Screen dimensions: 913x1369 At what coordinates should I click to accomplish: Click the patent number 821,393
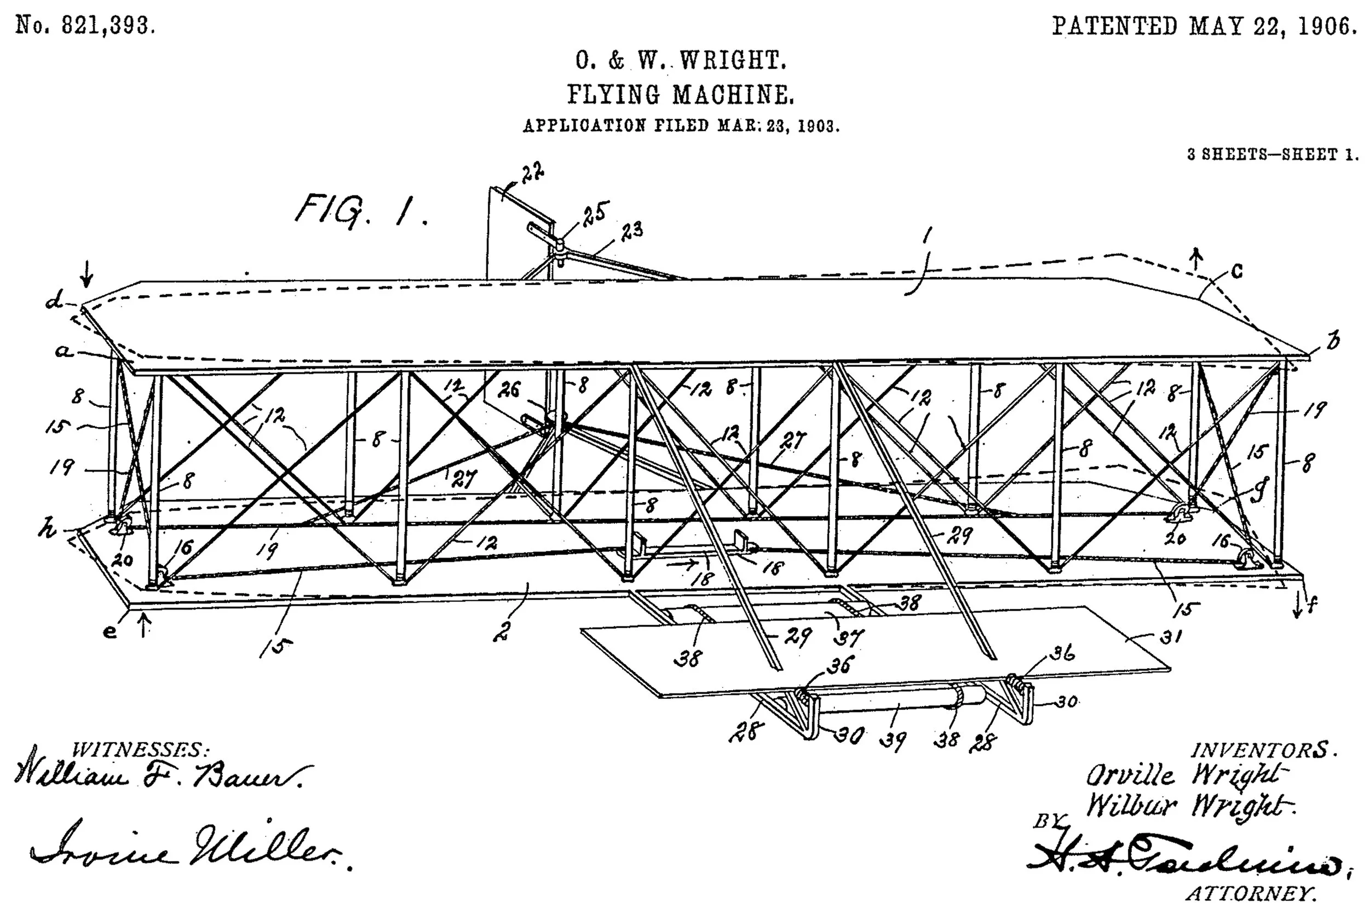click(x=108, y=26)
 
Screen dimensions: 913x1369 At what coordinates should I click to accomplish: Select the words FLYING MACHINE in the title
click(x=681, y=95)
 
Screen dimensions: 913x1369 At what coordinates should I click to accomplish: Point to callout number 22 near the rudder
click(x=531, y=173)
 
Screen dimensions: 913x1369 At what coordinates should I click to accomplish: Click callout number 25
click(x=596, y=214)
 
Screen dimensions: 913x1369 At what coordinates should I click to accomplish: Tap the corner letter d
click(x=55, y=301)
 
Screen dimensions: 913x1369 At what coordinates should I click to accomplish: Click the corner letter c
click(x=1237, y=271)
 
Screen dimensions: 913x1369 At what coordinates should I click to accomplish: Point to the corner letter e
click(x=110, y=631)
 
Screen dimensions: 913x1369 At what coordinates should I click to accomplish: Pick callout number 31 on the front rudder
click(x=1170, y=637)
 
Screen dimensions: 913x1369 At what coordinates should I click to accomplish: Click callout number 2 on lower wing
click(x=503, y=630)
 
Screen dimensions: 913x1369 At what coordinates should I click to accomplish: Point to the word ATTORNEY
click(x=1251, y=893)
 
